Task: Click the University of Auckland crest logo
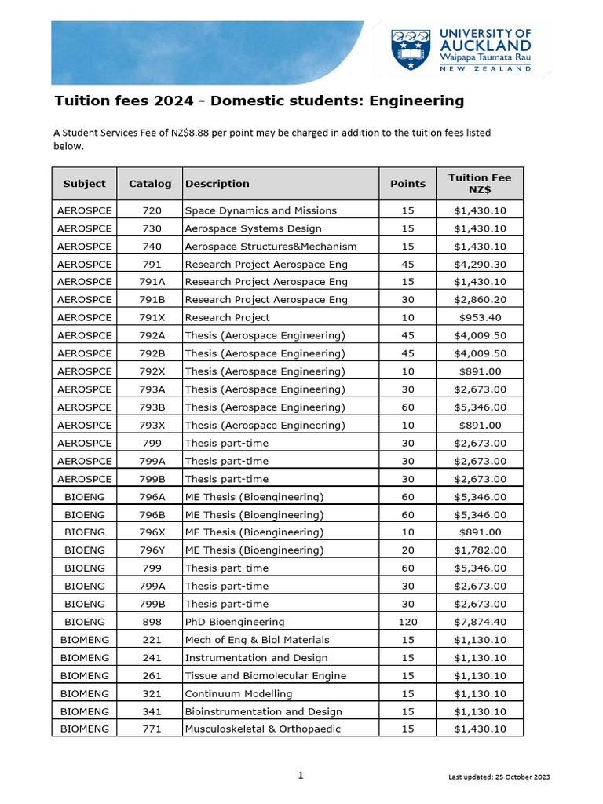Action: (x=411, y=49)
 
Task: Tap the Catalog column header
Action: (x=149, y=184)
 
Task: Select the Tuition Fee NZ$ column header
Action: (x=479, y=184)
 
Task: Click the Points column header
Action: (x=407, y=184)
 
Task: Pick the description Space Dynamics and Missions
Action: (x=261, y=210)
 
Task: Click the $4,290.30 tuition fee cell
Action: (x=480, y=264)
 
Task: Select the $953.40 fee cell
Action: (x=480, y=318)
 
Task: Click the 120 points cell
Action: (x=407, y=622)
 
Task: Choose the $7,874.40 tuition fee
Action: (x=480, y=622)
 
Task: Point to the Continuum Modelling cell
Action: (x=238, y=694)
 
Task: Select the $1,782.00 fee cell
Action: (x=480, y=550)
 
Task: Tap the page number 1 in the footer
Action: (x=301, y=776)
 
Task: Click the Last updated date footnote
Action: (x=499, y=777)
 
